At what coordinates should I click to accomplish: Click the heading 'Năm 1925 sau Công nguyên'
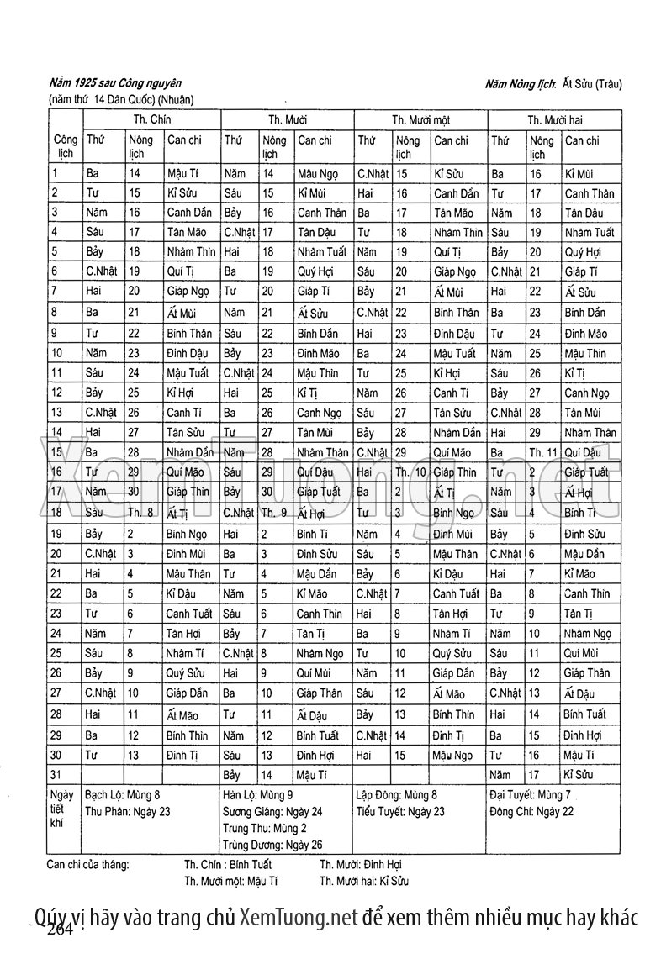pyautogui.click(x=116, y=84)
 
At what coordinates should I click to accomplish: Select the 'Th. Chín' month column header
pyautogui.click(x=152, y=120)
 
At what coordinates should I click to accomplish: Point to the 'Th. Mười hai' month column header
pyautogui.click(x=555, y=120)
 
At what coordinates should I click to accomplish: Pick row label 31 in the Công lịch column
pyautogui.click(x=56, y=775)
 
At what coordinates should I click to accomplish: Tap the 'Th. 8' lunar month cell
pyautogui.click(x=140, y=512)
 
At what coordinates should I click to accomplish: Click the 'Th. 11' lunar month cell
pyautogui.click(x=543, y=453)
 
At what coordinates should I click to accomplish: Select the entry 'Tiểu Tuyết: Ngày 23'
pyautogui.click(x=400, y=812)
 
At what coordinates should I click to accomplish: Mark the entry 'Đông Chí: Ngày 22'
pyautogui.click(x=532, y=812)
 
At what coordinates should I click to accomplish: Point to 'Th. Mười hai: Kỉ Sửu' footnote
pyautogui.click(x=363, y=882)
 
